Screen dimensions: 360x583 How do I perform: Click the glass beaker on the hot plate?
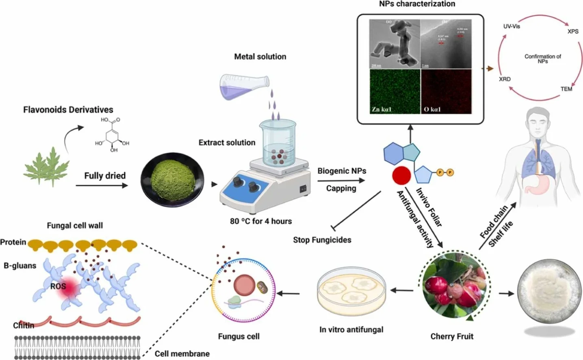277,142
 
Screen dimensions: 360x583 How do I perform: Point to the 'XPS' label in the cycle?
573,31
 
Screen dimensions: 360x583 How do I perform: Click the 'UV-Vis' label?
511,26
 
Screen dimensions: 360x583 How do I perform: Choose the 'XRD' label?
505,79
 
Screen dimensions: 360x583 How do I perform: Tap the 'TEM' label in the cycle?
566,89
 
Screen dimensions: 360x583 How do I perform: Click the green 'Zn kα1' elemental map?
394,91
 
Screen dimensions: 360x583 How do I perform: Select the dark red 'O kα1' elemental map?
446,91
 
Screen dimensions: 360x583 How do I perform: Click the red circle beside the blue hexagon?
401,175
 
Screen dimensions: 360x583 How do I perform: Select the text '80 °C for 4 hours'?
261,221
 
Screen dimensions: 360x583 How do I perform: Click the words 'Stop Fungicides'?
322,240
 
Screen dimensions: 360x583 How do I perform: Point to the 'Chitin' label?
24,325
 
